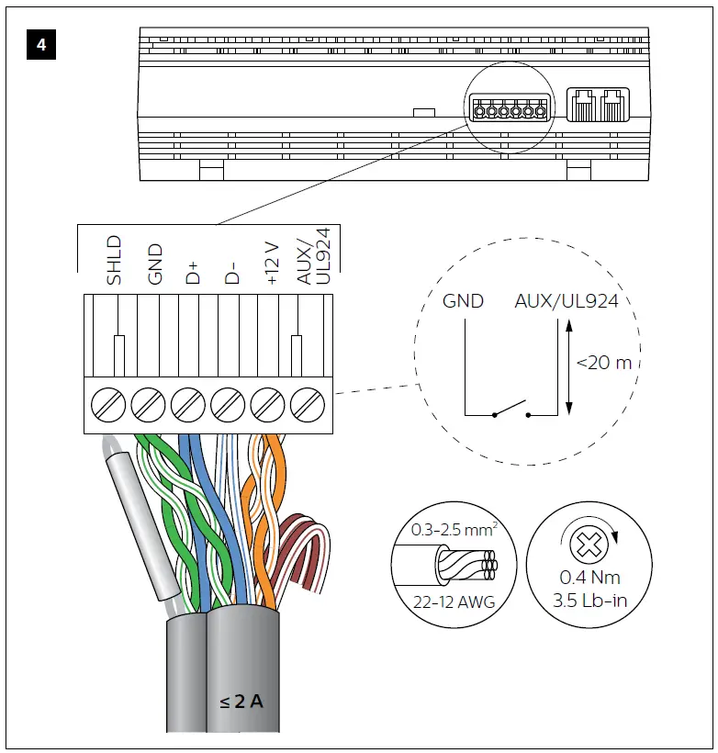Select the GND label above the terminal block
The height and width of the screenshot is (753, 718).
[x=154, y=264]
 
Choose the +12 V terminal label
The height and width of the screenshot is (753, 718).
[x=272, y=263]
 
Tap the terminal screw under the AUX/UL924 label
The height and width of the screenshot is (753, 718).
[x=307, y=403]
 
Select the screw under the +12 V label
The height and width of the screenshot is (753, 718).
[x=266, y=403]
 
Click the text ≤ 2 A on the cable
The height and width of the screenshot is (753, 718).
[x=241, y=702]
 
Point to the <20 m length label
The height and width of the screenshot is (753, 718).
[x=603, y=363]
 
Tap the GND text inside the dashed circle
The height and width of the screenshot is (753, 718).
[x=463, y=301]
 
